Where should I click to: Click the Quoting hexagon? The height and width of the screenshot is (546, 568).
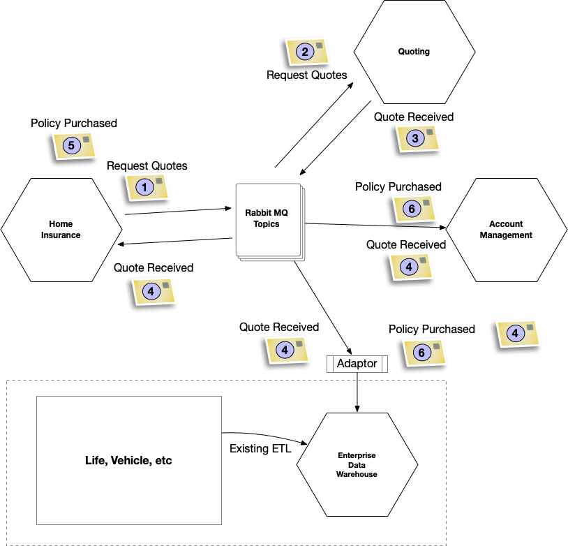click(x=414, y=52)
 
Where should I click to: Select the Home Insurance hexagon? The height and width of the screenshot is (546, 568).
click(x=61, y=230)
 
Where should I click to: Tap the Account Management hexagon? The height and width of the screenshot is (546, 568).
click(x=506, y=230)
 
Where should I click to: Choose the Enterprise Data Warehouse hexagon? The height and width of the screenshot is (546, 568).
click(x=357, y=464)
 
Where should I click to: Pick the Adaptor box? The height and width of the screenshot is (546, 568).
click(x=357, y=364)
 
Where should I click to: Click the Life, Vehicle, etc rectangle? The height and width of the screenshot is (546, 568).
click(x=128, y=461)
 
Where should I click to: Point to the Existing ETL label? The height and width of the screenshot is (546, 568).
click(x=260, y=449)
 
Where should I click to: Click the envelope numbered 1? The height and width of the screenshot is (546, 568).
click(x=147, y=187)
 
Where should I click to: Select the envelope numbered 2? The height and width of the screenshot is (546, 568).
click(x=308, y=52)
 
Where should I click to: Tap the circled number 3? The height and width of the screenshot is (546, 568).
click(x=414, y=138)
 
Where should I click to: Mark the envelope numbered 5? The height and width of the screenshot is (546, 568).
click(x=75, y=145)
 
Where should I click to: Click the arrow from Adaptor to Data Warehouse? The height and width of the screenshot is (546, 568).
click(x=357, y=391)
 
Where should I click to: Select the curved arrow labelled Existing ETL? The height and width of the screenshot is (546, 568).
click(x=265, y=435)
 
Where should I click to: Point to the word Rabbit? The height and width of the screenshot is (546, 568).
click(x=258, y=213)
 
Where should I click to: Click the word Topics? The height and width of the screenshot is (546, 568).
click(x=267, y=224)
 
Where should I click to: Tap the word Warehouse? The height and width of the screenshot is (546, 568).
click(x=357, y=474)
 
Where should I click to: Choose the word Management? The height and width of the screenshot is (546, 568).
click(x=506, y=235)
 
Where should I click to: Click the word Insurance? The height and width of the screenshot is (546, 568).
click(x=61, y=235)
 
